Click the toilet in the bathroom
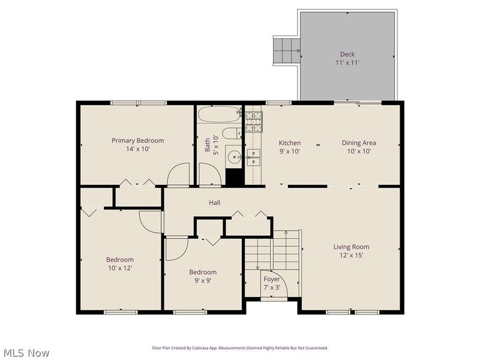(231, 133)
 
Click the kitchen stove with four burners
(254, 122)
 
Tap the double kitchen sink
(254, 158)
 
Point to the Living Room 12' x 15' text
(351, 251)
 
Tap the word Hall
(214, 203)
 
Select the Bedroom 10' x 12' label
(119, 264)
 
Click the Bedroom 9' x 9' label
(202, 276)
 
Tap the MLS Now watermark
(26, 353)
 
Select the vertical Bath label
(208, 145)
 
